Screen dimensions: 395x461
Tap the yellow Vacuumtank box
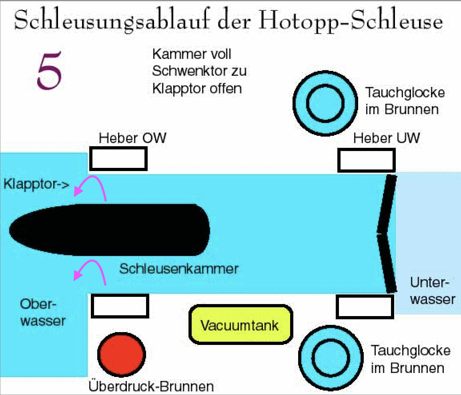(240, 325)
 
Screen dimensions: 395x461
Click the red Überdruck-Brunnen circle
(122, 354)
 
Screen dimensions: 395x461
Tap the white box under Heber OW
(118, 159)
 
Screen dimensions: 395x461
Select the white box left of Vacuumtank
(120, 306)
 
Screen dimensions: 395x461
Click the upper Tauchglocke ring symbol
(325, 104)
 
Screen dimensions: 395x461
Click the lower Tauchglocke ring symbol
(331, 358)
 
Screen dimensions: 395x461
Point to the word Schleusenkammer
(178, 268)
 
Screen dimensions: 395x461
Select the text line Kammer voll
(192, 54)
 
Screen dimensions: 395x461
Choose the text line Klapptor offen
(197, 88)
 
